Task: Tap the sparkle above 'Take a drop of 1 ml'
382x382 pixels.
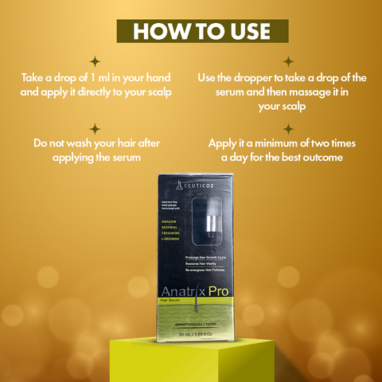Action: pyautogui.click(x=95, y=60)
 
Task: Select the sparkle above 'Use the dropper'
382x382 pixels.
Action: pyautogui.click(x=287, y=60)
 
